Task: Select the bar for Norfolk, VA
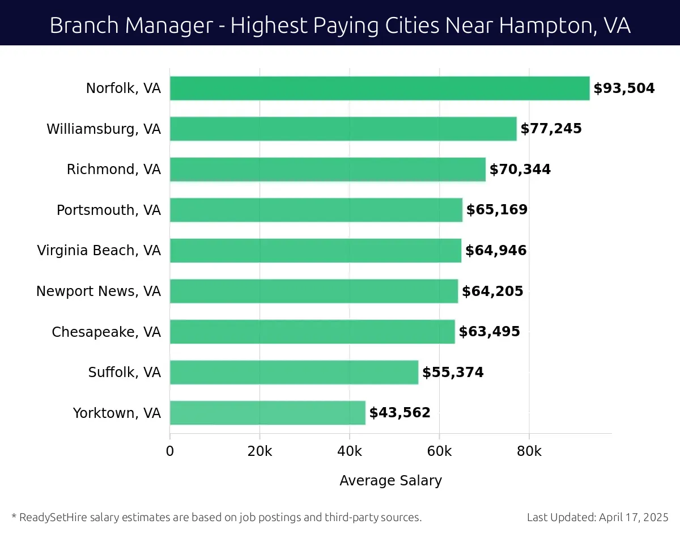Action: [x=380, y=88]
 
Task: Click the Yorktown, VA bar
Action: [x=267, y=413]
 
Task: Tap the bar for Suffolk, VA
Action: [x=294, y=373]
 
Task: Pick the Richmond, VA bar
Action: [x=328, y=170]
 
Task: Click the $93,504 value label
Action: [x=624, y=88]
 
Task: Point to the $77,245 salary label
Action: [x=551, y=129]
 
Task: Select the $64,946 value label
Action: [x=496, y=251]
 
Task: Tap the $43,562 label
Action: [x=399, y=413]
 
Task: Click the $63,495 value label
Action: [x=489, y=332]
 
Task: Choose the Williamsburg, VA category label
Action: [x=104, y=129]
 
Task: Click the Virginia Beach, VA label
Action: [x=99, y=251]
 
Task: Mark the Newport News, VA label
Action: [x=99, y=291]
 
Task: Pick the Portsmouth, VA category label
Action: [x=109, y=210]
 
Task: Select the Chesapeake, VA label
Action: [x=107, y=332]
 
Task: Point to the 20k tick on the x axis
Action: [x=260, y=451]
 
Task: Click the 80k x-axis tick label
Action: [x=529, y=451]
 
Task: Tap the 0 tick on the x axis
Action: [x=170, y=451]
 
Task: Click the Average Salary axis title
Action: [x=390, y=481]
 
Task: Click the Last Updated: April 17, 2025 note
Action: [x=597, y=517]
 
